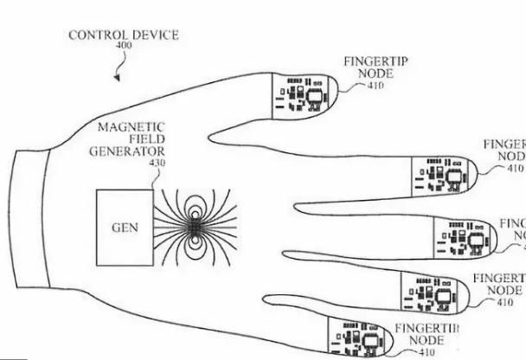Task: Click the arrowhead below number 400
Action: tap(115, 78)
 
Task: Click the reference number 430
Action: tap(156, 162)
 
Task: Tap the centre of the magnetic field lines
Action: tap(196, 227)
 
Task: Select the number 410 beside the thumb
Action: tap(375, 86)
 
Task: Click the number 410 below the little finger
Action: tap(427, 353)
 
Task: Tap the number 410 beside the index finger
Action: tap(516, 169)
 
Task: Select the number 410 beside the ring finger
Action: tap(504, 303)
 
